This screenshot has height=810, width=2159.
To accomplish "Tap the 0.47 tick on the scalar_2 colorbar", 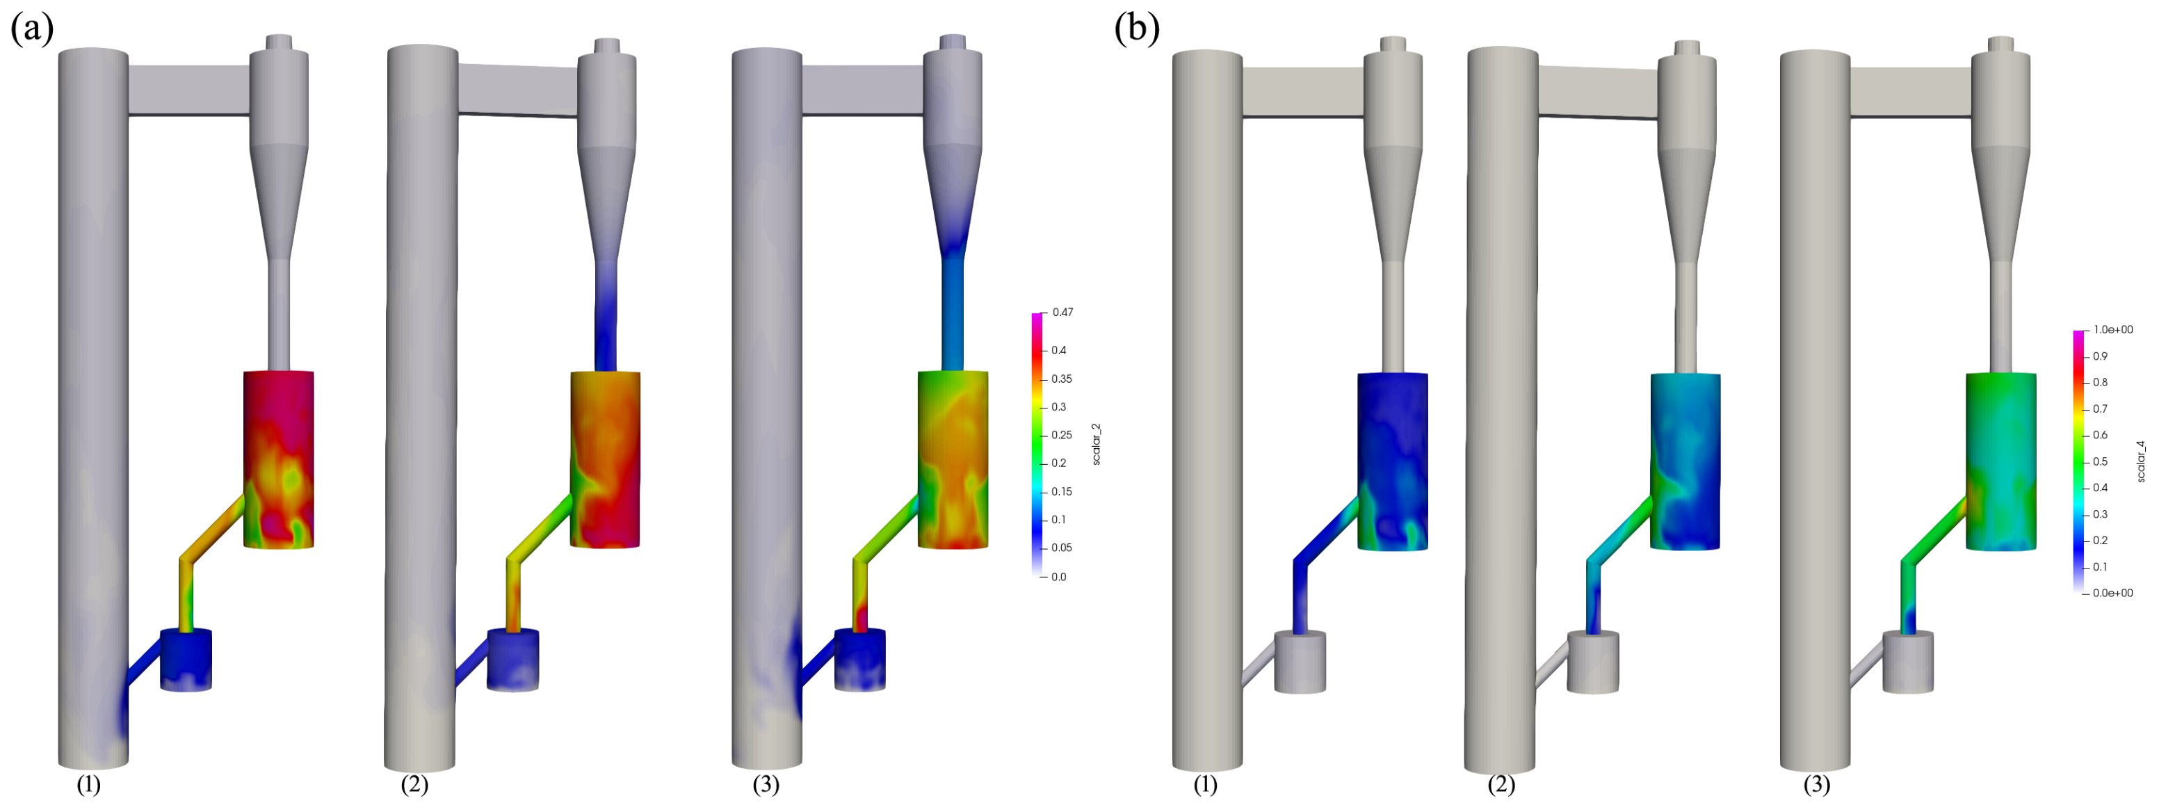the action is (1062, 312).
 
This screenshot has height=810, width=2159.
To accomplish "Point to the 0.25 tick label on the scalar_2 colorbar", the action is (1062, 434).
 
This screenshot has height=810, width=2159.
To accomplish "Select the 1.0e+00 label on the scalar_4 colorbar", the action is (2113, 330).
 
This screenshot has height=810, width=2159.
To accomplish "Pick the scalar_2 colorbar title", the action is (1097, 445).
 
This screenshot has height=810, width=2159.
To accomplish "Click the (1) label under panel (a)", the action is (89, 785).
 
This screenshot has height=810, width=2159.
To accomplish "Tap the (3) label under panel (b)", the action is (1817, 785).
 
